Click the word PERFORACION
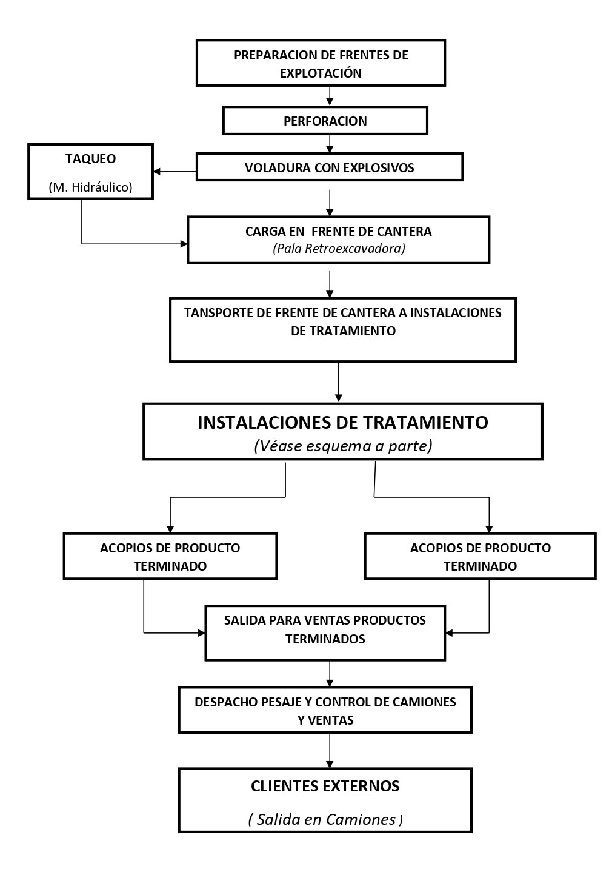(x=325, y=121)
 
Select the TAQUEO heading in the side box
(x=90, y=159)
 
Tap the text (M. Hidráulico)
(x=90, y=187)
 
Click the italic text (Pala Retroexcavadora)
(x=339, y=248)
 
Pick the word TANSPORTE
(x=218, y=313)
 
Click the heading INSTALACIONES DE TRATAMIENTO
(x=342, y=422)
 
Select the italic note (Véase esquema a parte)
(x=343, y=446)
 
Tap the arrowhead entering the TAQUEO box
(x=158, y=172)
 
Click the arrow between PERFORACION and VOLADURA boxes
(x=330, y=144)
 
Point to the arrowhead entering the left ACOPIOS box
(x=170, y=529)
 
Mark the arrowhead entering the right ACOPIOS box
(x=489, y=529)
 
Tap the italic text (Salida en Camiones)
(x=325, y=819)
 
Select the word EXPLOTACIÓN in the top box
(x=321, y=73)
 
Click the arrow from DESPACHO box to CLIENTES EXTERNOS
(x=330, y=751)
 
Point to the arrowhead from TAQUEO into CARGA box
(x=184, y=244)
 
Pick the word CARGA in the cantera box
(x=264, y=232)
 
